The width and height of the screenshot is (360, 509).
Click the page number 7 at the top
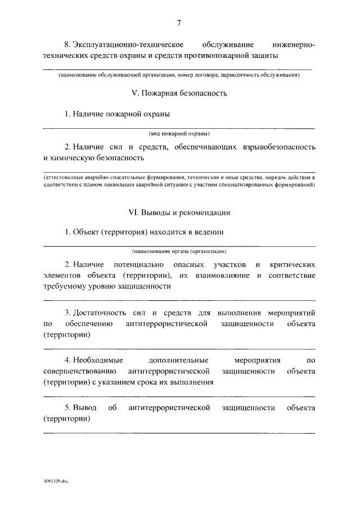[179, 23]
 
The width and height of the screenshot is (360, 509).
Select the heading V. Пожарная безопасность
[179, 93]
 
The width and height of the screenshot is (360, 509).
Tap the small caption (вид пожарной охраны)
[179, 134]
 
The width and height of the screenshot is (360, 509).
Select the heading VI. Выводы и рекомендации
[179, 213]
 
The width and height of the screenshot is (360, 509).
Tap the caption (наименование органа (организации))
[179, 251]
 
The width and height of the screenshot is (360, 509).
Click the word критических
[292, 264]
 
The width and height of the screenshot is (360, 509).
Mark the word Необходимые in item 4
[96, 360]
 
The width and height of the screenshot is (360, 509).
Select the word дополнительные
[178, 360]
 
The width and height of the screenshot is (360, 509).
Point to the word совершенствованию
[79, 371]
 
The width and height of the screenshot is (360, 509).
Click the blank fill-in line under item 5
[179, 432]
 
